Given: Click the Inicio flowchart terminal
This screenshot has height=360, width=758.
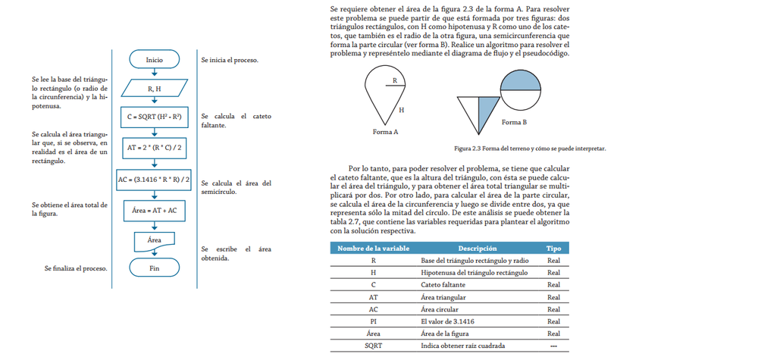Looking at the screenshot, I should [x=155, y=59].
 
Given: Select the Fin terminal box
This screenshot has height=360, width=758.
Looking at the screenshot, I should [x=155, y=268].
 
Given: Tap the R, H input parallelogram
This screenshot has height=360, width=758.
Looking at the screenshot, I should [x=155, y=89].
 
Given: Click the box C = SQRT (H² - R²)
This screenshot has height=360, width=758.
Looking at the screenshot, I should [x=155, y=118].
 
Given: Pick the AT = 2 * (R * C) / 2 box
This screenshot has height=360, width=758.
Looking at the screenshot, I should [x=155, y=148].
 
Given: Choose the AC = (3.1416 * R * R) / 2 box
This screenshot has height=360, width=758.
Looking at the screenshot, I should [x=155, y=180].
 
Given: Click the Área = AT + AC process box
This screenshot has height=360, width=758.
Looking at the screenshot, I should [x=155, y=210].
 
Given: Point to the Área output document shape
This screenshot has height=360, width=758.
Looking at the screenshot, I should [x=155, y=240].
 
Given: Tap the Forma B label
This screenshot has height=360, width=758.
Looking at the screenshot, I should [x=514, y=121].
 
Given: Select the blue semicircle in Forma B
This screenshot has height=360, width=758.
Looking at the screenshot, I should [x=522, y=80].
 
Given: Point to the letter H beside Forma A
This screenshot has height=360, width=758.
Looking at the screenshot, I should [x=401, y=110].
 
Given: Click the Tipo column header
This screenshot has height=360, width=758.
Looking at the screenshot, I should [x=553, y=248].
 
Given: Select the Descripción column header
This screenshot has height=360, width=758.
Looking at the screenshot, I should [x=477, y=248].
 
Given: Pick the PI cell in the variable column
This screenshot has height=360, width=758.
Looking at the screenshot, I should [x=373, y=321].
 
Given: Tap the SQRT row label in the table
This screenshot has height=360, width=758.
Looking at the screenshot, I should [x=373, y=346].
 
